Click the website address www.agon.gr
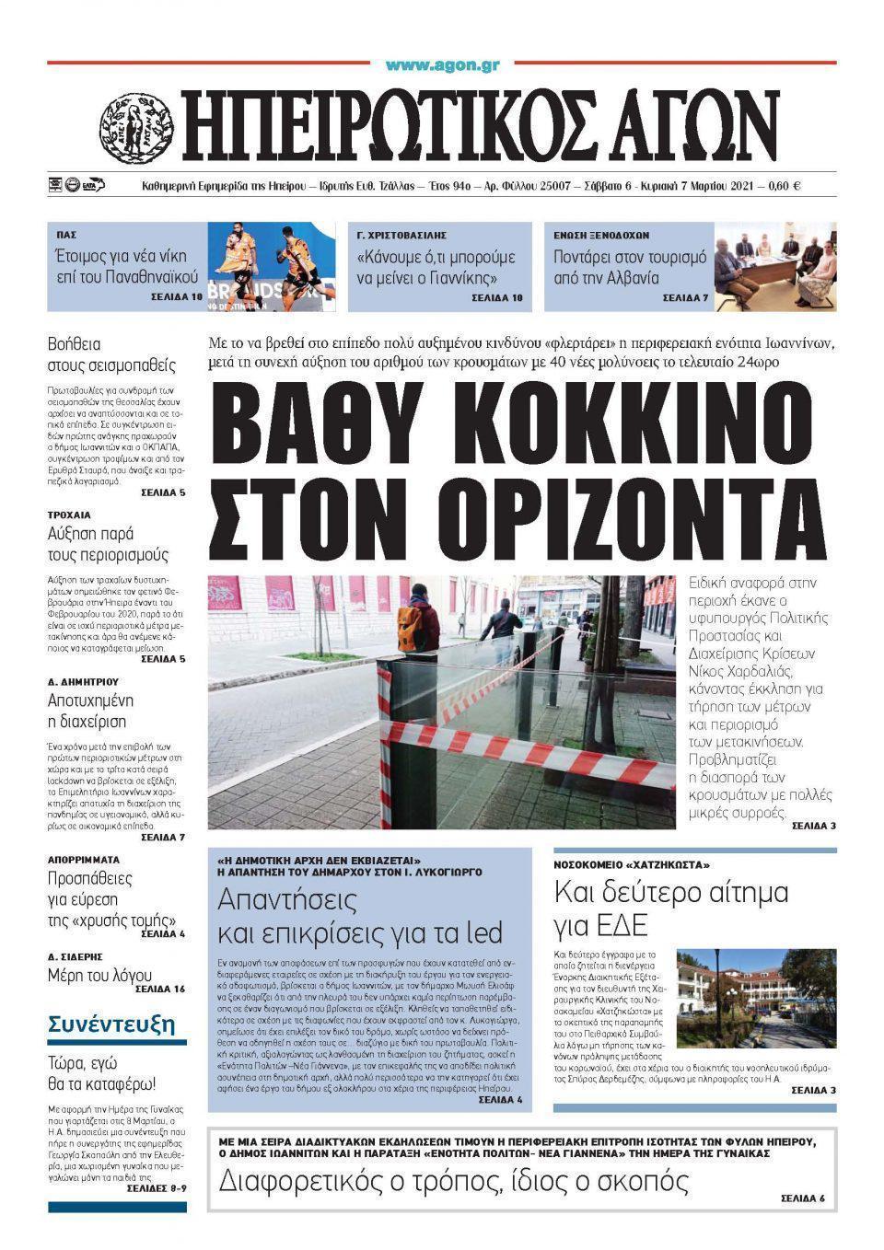(x=442, y=64)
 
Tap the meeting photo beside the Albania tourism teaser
(x=775, y=266)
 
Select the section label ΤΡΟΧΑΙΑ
(x=69, y=515)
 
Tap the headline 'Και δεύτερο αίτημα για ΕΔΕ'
(x=670, y=907)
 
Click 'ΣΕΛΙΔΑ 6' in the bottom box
(x=803, y=1198)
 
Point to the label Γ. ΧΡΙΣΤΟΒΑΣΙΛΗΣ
(x=401, y=236)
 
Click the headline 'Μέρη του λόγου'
(x=99, y=975)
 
